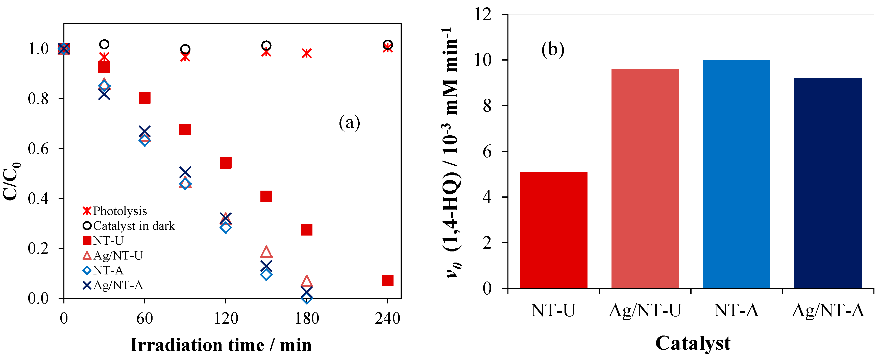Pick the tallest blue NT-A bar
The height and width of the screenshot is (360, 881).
coord(736,174)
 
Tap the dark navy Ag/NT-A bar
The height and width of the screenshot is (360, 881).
coord(828,183)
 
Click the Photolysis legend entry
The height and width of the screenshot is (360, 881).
coord(115,211)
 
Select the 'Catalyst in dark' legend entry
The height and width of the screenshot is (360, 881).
coord(129,226)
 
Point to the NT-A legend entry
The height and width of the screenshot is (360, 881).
coord(103,270)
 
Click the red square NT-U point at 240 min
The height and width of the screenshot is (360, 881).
coord(387,280)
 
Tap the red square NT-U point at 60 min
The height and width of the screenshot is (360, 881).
coord(144,98)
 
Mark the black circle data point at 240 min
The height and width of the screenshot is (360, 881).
coord(387,44)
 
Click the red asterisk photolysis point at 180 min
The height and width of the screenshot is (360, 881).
coord(306,53)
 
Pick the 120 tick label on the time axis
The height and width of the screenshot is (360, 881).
coord(226,318)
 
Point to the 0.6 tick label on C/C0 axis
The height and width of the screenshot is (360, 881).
coord(38,149)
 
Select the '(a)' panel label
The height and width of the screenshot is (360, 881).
coord(349,122)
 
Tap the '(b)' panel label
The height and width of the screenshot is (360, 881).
coord(553,49)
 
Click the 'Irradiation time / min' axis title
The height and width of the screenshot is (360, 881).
coord(221,345)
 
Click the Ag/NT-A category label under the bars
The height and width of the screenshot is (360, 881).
coord(828,311)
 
